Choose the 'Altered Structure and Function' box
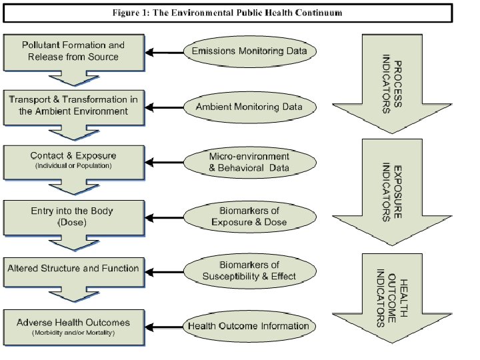73,269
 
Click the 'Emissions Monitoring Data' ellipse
249,51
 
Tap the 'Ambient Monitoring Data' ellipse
249,107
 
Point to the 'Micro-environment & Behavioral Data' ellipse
249,162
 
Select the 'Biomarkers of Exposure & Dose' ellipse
249,217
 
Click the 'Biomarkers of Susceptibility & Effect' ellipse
249,271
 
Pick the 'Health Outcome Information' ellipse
249,326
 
